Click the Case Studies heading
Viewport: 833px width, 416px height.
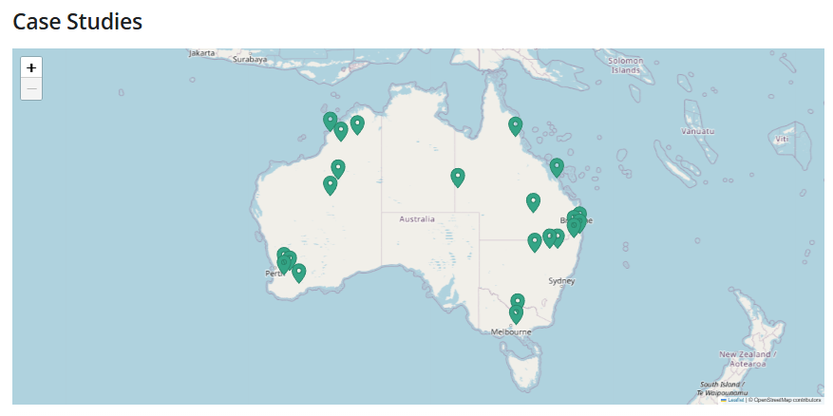click(77, 21)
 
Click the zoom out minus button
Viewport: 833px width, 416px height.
click(31, 89)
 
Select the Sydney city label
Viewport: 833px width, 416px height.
click(561, 281)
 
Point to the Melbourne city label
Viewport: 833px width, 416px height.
click(511, 331)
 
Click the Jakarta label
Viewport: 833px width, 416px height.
click(201, 53)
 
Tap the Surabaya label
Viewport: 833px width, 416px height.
click(251, 59)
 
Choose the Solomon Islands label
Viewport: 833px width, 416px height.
click(625, 65)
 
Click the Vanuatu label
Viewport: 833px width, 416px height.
click(697, 130)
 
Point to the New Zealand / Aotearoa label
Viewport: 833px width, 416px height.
click(748, 358)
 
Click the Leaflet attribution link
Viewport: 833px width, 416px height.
click(735, 400)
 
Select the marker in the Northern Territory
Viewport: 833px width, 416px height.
click(458, 177)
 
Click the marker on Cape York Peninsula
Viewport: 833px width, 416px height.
click(515, 124)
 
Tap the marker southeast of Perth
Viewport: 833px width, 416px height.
click(298, 273)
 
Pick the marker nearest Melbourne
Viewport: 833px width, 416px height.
click(516, 312)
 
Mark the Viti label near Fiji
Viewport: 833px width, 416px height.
click(782, 139)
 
